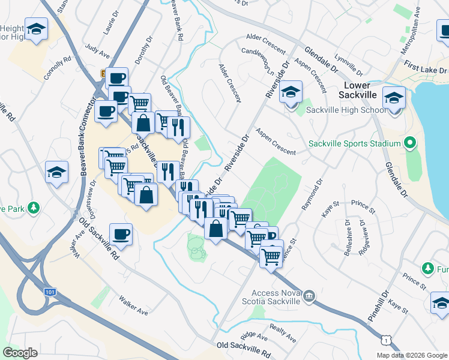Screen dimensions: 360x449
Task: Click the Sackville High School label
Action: pyautogui.click(x=346, y=110)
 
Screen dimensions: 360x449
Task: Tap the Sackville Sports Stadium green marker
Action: pyautogui.click(x=410, y=143)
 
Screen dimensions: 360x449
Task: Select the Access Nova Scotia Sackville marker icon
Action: pyautogui.click(x=309, y=295)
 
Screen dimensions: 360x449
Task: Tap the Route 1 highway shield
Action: pyautogui.click(x=384, y=340)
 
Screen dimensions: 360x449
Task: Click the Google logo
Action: pyautogui.click(x=20, y=353)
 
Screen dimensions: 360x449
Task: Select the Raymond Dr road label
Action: pyautogui.click(x=312, y=194)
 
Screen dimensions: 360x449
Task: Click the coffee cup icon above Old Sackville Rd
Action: pyautogui.click(x=121, y=234)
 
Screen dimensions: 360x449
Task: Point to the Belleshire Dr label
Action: pyautogui.click(x=348, y=237)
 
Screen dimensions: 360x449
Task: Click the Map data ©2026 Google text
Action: pyautogui.click(x=411, y=355)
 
